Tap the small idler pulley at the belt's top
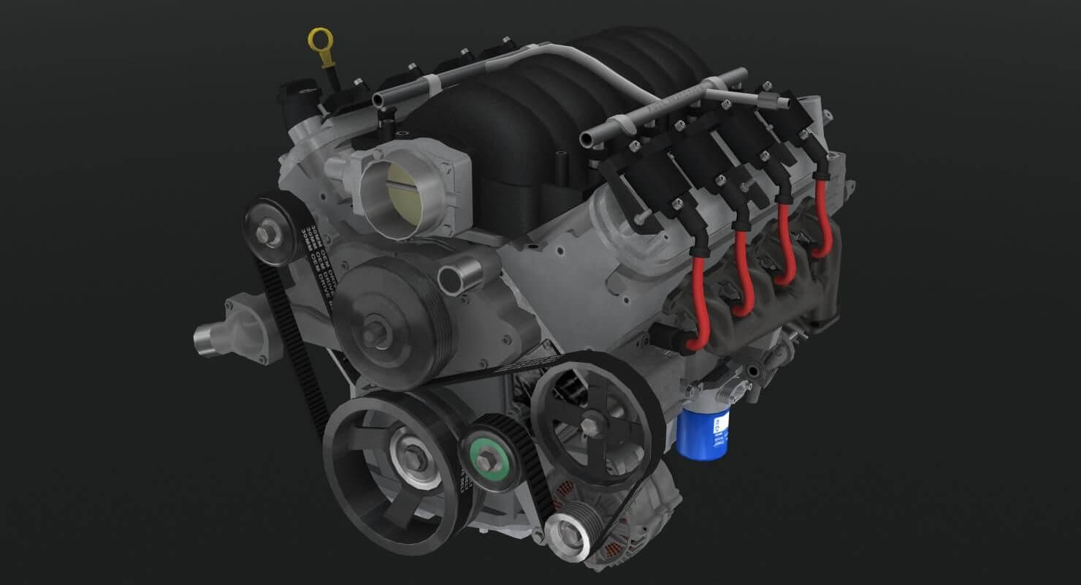click(268, 233)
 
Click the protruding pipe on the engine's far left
click(208, 341)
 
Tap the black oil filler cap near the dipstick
click(292, 103)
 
